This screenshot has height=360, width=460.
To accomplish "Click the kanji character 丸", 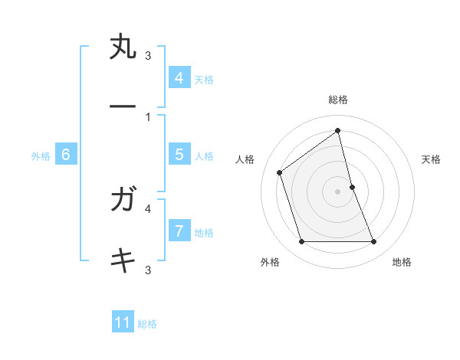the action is click(x=123, y=47).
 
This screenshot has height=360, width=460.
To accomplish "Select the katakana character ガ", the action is click(x=123, y=200).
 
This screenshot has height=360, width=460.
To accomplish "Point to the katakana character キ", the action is click(x=123, y=260).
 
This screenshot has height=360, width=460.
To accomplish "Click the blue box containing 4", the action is click(x=179, y=77).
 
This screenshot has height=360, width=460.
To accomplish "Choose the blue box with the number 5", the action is click(x=179, y=155).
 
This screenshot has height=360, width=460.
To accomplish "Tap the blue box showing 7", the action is click(x=179, y=231).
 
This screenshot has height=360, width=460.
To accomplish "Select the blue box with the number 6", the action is click(x=66, y=155).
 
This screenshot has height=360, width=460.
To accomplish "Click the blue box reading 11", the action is click(x=123, y=322).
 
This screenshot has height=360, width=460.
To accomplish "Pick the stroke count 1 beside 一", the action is click(x=147, y=116).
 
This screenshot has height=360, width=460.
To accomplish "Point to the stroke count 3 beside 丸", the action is click(x=148, y=55).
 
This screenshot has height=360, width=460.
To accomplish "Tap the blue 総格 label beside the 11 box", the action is click(x=147, y=324).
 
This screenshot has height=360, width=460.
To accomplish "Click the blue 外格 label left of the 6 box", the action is click(x=41, y=156).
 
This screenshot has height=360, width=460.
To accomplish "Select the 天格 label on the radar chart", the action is click(x=432, y=159).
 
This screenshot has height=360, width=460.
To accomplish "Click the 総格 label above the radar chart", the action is click(x=338, y=100).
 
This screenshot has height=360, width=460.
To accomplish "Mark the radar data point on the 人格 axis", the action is click(x=280, y=172).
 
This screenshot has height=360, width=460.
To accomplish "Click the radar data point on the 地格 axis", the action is click(x=373, y=242).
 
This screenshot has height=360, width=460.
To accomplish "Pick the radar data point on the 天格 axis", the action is click(x=352, y=187).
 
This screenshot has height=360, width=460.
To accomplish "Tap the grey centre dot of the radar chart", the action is click(x=337, y=191).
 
